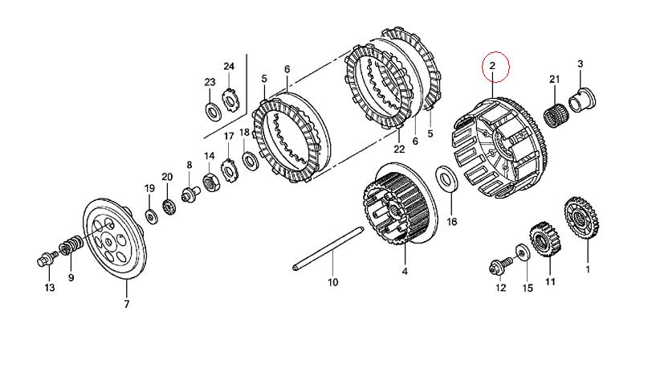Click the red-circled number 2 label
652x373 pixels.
[493, 66]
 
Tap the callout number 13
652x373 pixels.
[50, 288]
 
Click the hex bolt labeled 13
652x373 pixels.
[45, 258]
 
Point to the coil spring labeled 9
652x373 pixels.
[71, 244]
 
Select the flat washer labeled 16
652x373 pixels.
[447, 179]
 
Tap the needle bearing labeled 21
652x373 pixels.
[555, 113]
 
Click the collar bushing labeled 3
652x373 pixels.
[583, 100]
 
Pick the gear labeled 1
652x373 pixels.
[581, 218]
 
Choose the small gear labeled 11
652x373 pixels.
[545, 240]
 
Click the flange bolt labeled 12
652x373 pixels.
[501, 265]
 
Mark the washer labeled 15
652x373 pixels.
[523, 252]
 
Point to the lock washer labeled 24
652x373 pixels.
[230, 100]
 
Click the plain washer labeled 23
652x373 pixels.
[214, 111]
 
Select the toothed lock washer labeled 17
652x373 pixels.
[229, 170]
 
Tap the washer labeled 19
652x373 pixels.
[151, 216]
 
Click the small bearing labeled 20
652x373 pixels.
[169, 207]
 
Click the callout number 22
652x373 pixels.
[399, 149]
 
